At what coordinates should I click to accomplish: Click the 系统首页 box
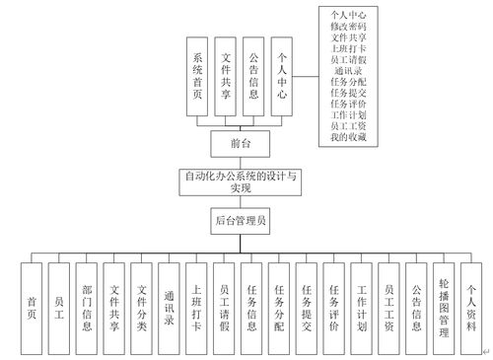198,78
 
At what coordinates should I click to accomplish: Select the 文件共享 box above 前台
227,78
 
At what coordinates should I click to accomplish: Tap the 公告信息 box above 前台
254,78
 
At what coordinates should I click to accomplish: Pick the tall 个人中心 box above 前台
283,78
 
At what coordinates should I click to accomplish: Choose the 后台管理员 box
240,220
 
